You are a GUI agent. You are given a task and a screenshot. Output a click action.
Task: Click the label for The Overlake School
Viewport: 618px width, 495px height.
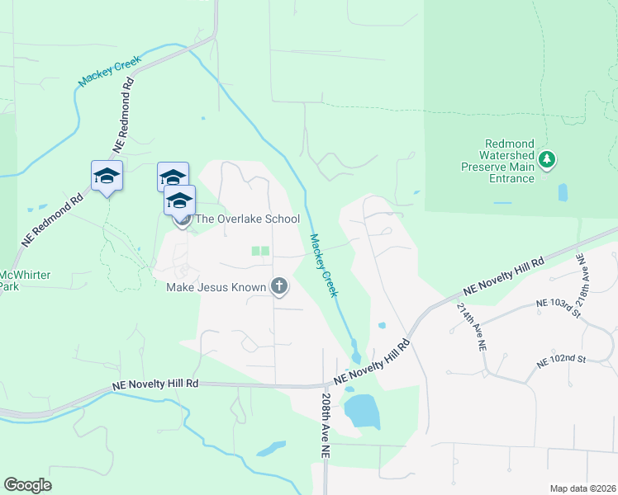pyautogui.click(x=247, y=219)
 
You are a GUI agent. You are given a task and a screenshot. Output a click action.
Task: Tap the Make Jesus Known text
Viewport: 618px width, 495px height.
pyautogui.click(x=216, y=287)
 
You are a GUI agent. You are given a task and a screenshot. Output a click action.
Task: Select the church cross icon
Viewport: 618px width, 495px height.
pyautogui.click(x=279, y=287)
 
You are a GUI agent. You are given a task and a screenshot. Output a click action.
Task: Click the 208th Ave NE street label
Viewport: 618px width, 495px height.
pyautogui.click(x=326, y=425)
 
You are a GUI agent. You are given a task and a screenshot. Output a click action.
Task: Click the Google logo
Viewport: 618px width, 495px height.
pyautogui.click(x=27, y=485)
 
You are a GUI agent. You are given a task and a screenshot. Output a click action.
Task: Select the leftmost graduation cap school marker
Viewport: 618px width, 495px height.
pyautogui.click(x=107, y=176)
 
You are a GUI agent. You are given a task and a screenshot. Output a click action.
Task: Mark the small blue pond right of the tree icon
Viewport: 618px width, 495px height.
pyautogui.click(x=563, y=192)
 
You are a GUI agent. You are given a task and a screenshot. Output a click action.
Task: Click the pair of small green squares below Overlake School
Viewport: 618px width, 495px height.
pyautogui.click(x=260, y=251)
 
